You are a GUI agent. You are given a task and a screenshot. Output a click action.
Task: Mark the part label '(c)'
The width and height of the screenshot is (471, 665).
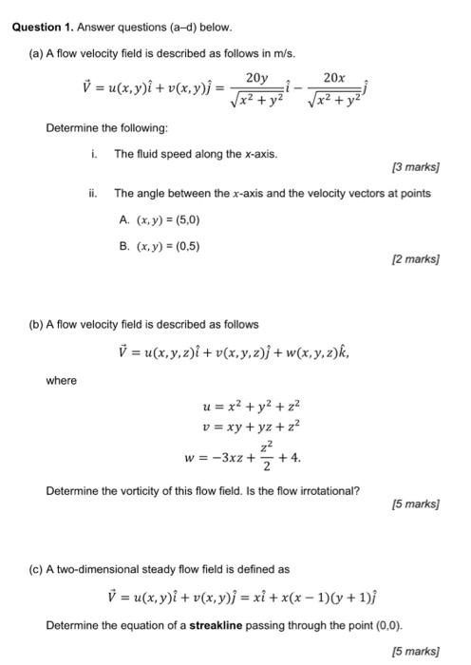click(36, 569)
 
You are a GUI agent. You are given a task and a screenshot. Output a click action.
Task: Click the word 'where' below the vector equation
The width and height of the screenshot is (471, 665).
click(62, 381)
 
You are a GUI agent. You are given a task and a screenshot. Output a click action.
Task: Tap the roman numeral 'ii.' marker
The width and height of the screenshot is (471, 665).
click(93, 193)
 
